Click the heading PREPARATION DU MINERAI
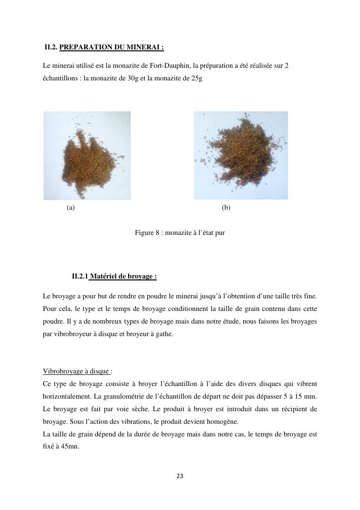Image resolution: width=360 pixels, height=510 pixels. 111,47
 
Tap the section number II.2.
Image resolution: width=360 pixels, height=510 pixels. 51,47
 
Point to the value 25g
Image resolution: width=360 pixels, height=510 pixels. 196,78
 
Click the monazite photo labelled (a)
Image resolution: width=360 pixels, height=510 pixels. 87,155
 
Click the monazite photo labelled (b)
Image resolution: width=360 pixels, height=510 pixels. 240,155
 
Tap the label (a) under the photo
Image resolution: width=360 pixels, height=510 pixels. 71,208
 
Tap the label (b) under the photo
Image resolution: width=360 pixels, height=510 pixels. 226,208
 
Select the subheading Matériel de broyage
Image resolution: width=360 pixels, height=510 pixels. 123,277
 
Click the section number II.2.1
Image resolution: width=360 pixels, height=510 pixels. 80,277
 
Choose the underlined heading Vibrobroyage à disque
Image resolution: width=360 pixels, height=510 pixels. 76,371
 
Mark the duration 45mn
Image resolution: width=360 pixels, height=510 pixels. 70,447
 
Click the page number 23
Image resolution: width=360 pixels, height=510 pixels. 180,476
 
